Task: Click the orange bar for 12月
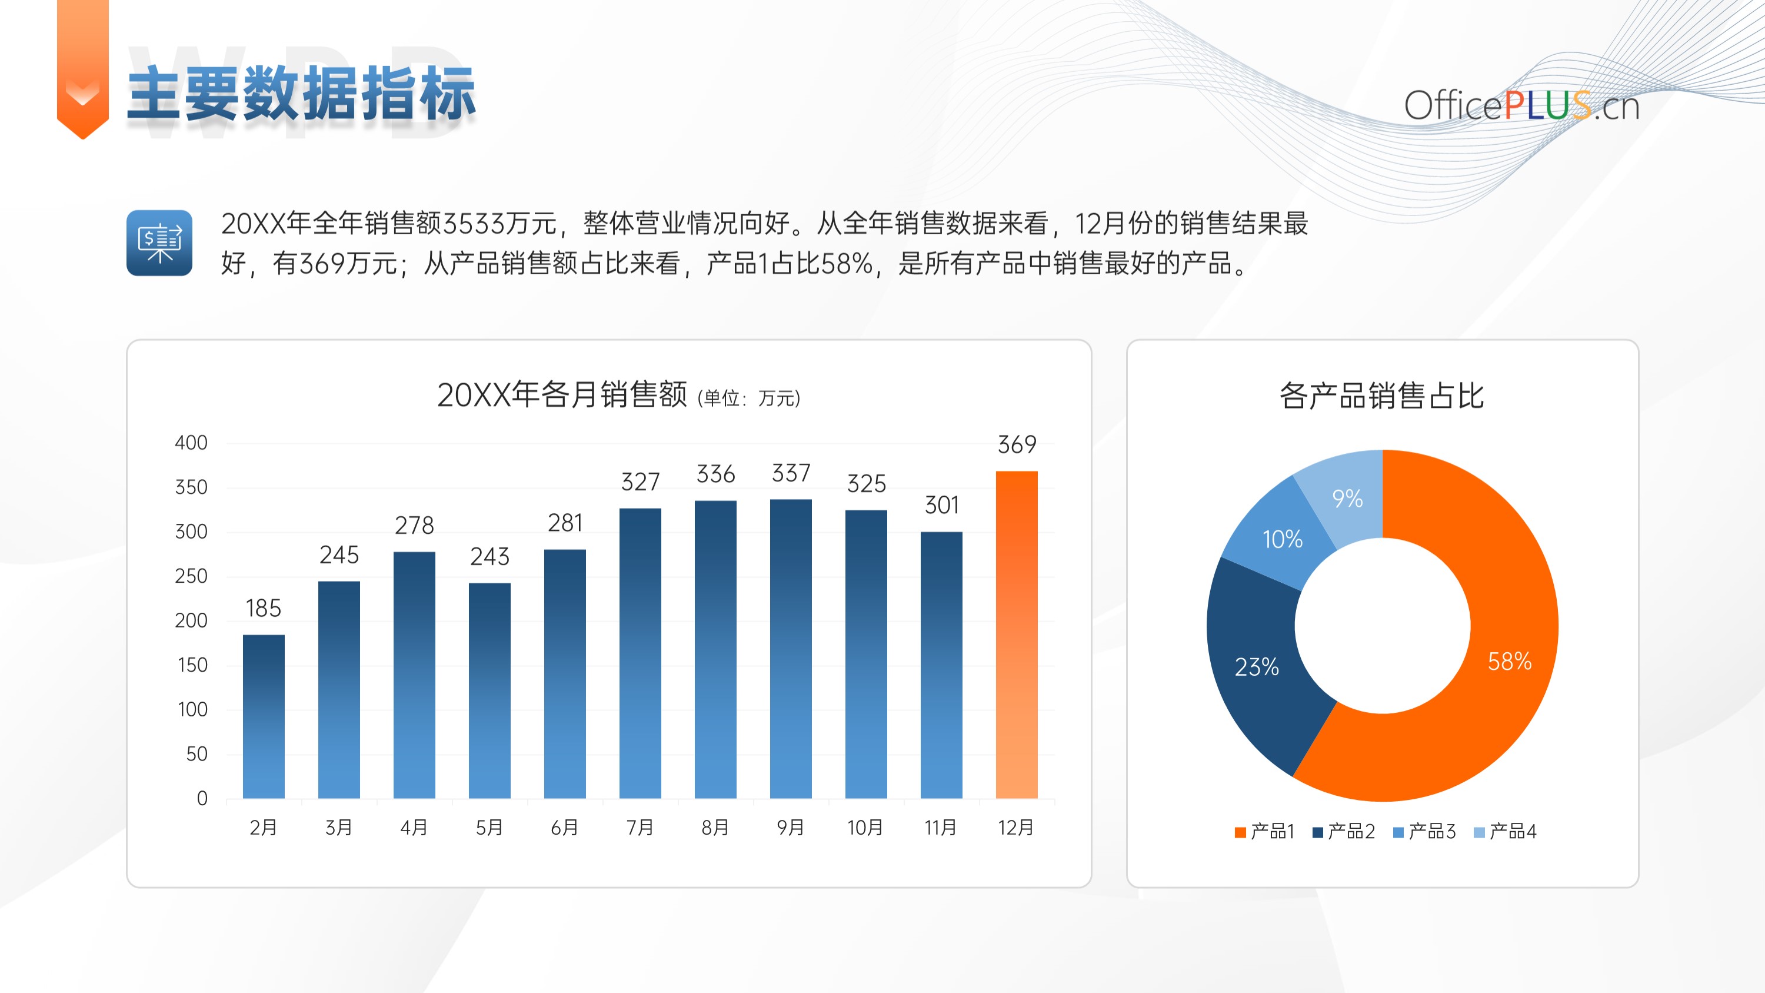(1016, 635)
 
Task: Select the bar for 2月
(264, 716)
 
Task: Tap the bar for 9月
(791, 649)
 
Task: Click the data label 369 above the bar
(1017, 445)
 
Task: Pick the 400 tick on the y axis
(191, 443)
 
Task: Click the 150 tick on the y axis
(192, 665)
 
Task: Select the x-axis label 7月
(640, 827)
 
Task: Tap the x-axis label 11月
(940, 827)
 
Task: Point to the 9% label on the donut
(1347, 498)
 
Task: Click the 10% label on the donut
(1282, 539)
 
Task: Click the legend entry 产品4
(1506, 831)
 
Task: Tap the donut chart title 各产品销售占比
(1381, 396)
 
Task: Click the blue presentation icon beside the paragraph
(159, 243)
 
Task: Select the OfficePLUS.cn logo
(1522, 106)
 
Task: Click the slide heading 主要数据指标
(301, 94)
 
